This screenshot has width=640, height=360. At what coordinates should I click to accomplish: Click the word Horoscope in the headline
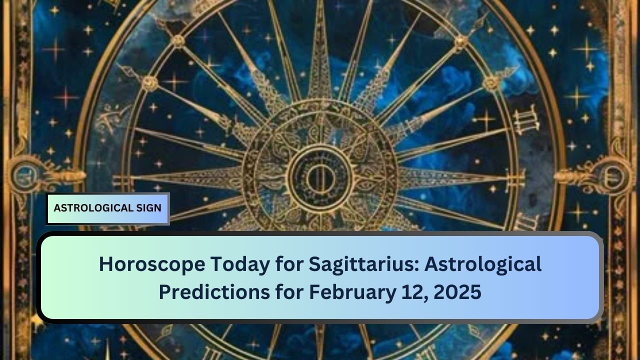coord(152,264)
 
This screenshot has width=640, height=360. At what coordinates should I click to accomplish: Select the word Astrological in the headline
coord(483,265)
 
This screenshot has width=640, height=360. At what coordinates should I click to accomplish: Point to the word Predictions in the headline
coord(214,291)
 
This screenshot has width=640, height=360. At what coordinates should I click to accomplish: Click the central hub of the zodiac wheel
coord(320,178)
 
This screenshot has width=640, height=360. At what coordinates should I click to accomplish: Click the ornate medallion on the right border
coord(613,174)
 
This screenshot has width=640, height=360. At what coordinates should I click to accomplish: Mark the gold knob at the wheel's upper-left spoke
coord(178,42)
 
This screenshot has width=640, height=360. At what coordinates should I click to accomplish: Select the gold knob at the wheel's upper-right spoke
coord(461,42)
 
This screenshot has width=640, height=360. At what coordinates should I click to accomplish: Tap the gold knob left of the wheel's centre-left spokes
coord(149,83)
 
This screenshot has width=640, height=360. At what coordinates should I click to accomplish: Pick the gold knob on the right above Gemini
coord(490,83)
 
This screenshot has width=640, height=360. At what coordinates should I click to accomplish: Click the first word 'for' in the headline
coord(289,264)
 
